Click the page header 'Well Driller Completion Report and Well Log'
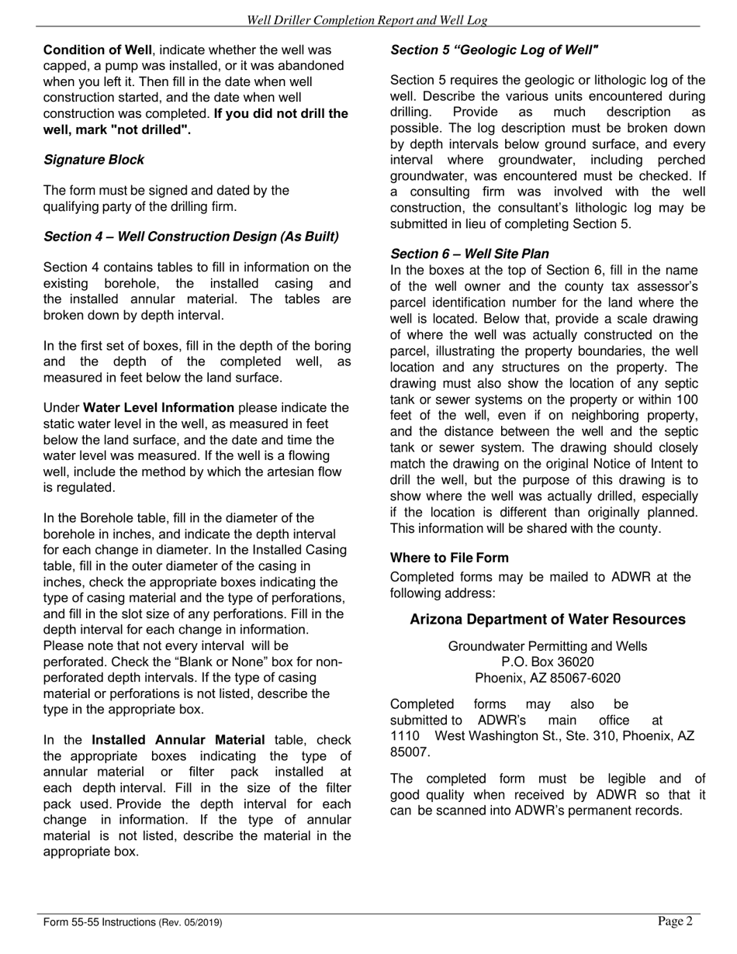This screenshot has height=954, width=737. [x=367, y=20]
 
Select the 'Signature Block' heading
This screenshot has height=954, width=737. [x=94, y=160]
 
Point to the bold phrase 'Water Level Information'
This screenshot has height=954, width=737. [x=158, y=408]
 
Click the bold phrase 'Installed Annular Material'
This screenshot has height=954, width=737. [x=178, y=740]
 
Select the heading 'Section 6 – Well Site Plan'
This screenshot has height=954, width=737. [x=469, y=254]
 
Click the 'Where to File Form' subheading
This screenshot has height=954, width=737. [x=449, y=558]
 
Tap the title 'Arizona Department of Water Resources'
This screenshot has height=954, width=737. [x=547, y=620]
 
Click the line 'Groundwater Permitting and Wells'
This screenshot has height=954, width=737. [x=547, y=646]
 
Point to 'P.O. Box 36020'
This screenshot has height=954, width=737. [x=547, y=662]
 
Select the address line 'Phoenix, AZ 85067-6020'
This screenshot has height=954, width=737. [x=547, y=678]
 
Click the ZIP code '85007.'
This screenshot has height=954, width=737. [x=409, y=752]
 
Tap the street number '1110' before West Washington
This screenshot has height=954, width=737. [x=404, y=736]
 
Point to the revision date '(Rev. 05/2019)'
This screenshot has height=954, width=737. [x=191, y=922]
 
